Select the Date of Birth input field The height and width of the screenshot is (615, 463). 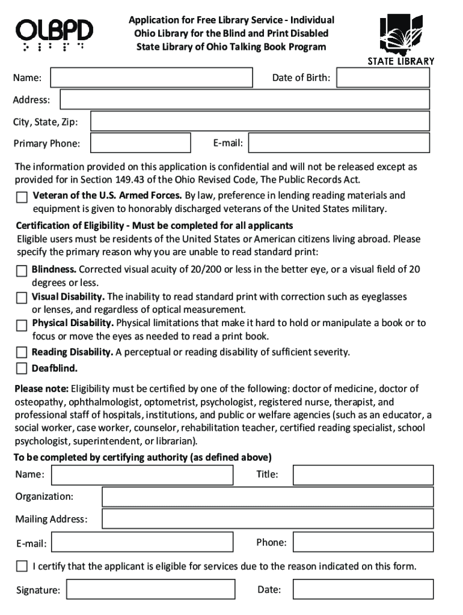383,78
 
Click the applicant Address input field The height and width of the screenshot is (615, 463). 244,100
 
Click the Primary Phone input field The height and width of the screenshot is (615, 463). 138,143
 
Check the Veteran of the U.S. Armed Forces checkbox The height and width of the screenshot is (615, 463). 22,196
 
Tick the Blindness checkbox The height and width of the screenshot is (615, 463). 22,270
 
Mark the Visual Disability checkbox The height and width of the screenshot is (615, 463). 22,298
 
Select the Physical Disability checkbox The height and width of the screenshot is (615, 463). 22,325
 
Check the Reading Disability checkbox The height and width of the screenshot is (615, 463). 22,352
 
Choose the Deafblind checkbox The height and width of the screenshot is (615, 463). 22,368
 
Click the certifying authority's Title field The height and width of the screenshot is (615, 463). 363,475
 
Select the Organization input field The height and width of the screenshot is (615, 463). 268,497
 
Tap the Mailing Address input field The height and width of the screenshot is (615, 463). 268,519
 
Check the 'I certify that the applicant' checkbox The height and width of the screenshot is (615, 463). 22,566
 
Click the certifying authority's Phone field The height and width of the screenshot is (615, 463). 363,543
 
